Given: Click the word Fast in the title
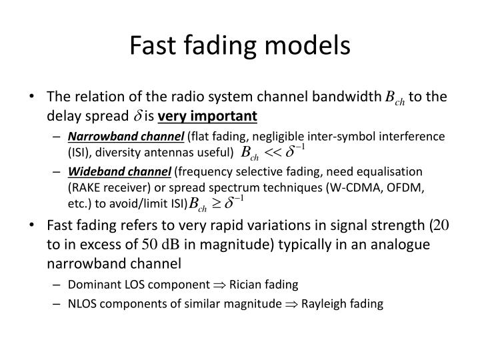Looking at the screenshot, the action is [x=153, y=45].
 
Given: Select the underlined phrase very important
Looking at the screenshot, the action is [x=207, y=116].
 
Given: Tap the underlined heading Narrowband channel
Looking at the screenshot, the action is [x=126, y=137].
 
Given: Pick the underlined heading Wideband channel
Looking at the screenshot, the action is [x=119, y=172].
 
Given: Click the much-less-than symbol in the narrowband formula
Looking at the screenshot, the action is [x=272, y=152].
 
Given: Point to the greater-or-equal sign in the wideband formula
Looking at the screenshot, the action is [x=216, y=203].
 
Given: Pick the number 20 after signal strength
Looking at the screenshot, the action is [x=441, y=225].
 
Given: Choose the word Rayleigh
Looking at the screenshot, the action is [x=323, y=304].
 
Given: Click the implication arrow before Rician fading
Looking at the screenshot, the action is [x=219, y=285].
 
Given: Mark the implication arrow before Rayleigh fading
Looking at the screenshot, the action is [x=291, y=305].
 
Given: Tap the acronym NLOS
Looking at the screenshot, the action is [x=82, y=304].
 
